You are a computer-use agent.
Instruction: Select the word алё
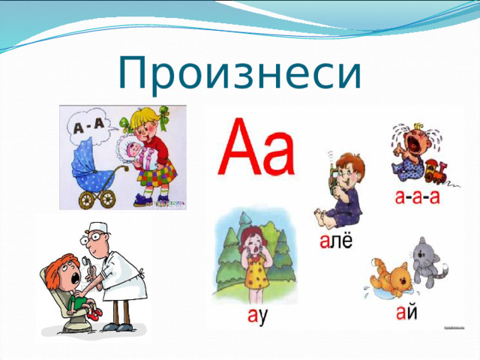pyautogui.click(x=338, y=241)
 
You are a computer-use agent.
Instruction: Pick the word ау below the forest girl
pyautogui.click(x=258, y=317)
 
